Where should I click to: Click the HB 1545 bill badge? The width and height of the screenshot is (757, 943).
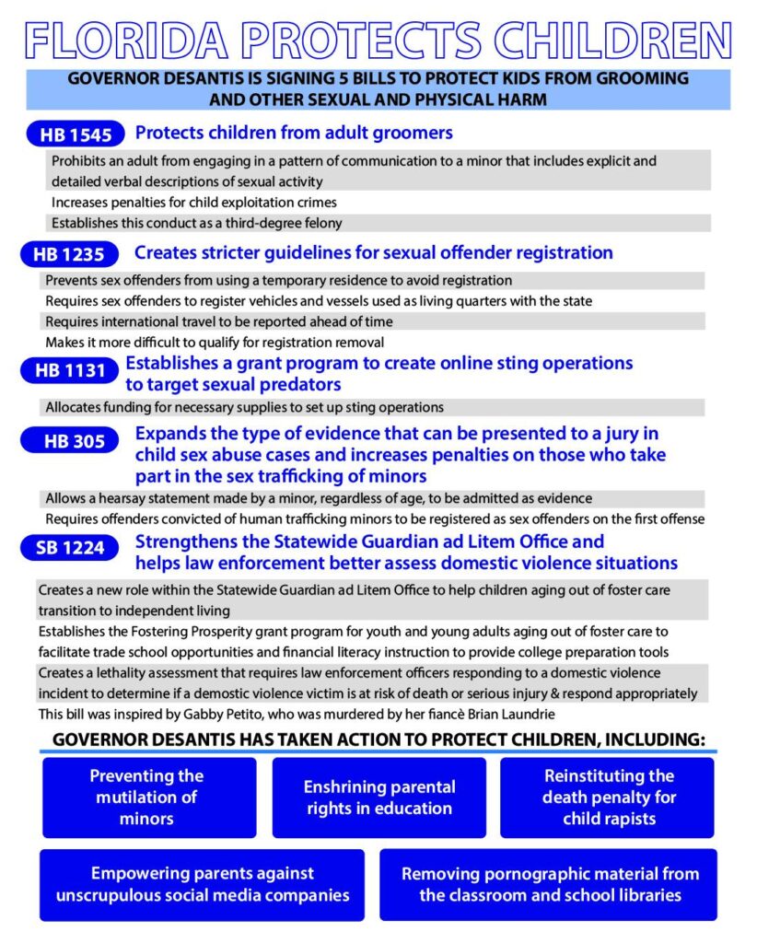[76, 135]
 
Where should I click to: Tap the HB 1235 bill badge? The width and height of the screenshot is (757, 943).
[69, 255]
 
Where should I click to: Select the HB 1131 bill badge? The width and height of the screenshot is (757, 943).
[68, 372]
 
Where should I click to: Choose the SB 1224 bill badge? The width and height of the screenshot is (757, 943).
[70, 549]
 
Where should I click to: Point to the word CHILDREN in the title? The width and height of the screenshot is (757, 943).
[612, 39]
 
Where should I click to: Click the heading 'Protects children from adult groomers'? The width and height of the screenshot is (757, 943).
[294, 133]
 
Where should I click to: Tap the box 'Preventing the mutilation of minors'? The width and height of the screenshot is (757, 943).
[148, 797]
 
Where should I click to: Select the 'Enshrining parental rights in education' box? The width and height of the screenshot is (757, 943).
[379, 797]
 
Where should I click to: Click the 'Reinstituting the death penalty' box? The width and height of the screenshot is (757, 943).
[608, 797]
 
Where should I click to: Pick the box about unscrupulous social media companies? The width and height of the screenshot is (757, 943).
[202, 884]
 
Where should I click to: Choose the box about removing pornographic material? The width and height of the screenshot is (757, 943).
[550, 884]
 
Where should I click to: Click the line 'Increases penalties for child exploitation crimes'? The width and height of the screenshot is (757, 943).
[194, 203]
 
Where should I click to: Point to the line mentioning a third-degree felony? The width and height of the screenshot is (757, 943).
[197, 223]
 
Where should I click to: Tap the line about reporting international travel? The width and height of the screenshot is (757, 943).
[219, 321]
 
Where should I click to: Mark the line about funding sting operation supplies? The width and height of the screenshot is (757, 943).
[245, 407]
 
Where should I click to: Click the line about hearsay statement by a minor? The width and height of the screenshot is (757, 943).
[319, 498]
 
